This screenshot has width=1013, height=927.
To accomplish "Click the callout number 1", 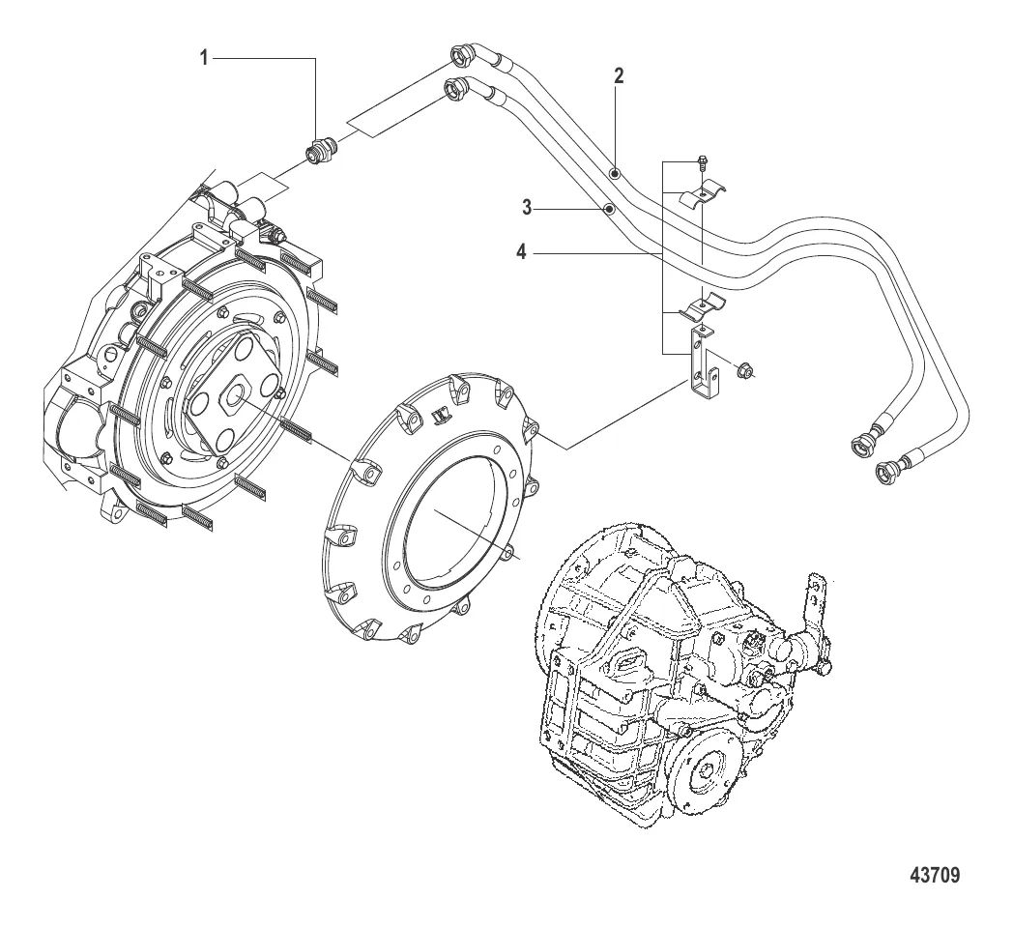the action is tap(204, 59).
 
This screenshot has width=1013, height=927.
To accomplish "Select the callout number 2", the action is tap(619, 76).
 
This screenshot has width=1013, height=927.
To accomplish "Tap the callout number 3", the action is tap(527, 208).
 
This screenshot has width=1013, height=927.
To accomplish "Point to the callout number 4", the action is tap(521, 252).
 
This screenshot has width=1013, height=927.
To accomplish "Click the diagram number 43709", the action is tap(935, 875).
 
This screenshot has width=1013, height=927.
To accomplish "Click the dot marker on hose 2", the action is tap(615, 172).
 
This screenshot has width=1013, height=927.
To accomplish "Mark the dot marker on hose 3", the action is tap(608, 209).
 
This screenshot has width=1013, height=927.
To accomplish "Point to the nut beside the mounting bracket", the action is tap(743, 371).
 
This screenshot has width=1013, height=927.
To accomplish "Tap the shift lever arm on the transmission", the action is tap(816, 614).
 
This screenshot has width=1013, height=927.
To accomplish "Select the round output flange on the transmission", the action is tap(708, 771).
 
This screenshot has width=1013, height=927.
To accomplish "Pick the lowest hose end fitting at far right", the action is tap(887, 471).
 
